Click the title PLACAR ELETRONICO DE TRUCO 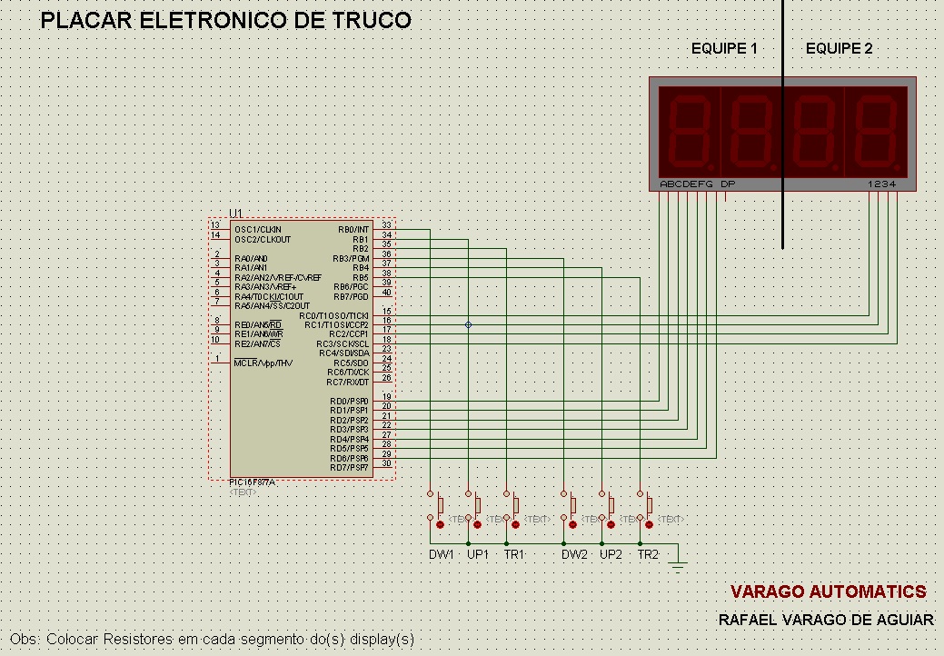click(226, 20)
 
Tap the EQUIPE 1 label click(724, 49)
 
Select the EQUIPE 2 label click(839, 49)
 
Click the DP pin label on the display click(728, 184)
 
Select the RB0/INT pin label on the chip click(353, 230)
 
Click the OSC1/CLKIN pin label click(258, 230)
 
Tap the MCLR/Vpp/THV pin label click(263, 363)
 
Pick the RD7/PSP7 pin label click(350, 467)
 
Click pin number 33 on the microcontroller click(386, 225)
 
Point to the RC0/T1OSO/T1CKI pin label click(335, 315)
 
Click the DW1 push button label click(441, 554)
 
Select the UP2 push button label click(611, 554)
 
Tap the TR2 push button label click(648, 554)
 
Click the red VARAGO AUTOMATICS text click(828, 592)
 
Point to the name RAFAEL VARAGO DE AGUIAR click(825, 620)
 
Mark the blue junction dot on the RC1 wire click(468, 324)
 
